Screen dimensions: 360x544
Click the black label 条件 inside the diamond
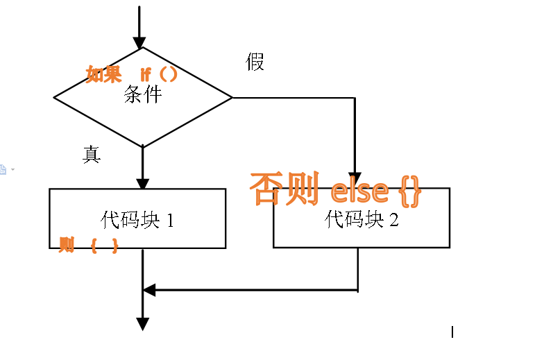point(143,94)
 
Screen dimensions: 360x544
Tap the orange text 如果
point(103,74)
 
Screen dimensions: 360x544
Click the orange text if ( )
point(159,74)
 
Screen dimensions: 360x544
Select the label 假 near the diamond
point(255,62)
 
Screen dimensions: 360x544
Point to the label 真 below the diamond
point(92,155)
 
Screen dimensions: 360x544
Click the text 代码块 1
point(137,221)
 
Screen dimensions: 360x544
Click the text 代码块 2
point(362,220)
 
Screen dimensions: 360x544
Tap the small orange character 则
point(67,244)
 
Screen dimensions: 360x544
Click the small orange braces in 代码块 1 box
point(103,245)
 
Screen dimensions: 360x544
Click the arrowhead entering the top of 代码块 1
point(142,183)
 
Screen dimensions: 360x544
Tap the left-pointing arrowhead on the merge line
point(148,290)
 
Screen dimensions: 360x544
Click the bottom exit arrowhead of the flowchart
point(142,323)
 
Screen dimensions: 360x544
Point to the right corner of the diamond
point(231,98)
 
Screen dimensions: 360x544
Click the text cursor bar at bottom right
point(452,332)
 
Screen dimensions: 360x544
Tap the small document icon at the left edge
point(3,169)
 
